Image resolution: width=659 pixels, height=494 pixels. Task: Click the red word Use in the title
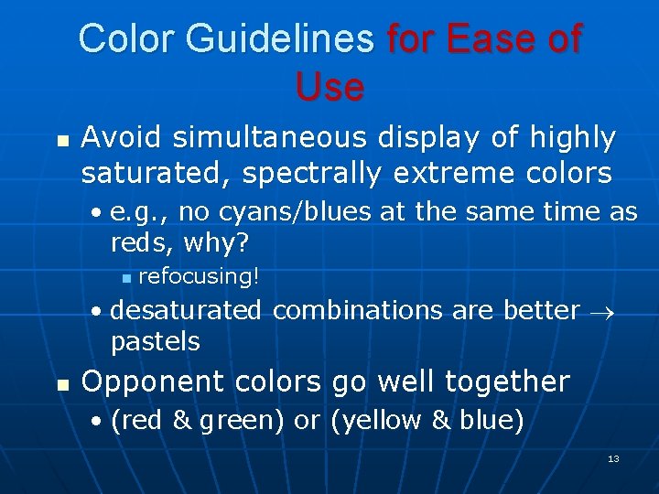point(329,87)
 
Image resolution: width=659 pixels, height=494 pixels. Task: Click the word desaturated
point(186,310)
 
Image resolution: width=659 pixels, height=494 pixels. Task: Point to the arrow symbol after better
point(604,311)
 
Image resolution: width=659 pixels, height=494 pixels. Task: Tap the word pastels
point(156,341)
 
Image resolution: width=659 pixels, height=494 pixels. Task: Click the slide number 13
point(613,458)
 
